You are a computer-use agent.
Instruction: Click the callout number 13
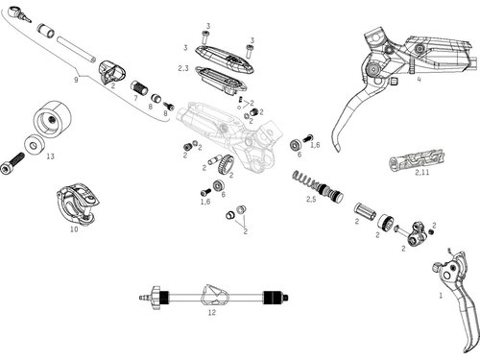point(51,156)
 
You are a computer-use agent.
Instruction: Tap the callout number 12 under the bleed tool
point(212,313)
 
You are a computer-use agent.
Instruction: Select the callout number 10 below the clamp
point(74,229)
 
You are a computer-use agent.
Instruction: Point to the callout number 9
point(76,80)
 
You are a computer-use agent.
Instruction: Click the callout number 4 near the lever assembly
point(420,80)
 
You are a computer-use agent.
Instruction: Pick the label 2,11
point(422,173)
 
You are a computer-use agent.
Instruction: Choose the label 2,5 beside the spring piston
point(311,199)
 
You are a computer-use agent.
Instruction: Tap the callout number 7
point(135,98)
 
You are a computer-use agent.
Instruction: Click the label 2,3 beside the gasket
point(183,68)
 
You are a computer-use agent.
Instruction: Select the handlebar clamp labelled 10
point(78,204)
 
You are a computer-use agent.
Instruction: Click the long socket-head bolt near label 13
point(12,163)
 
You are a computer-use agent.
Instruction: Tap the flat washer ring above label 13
point(33,145)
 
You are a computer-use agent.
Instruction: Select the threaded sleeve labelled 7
point(139,87)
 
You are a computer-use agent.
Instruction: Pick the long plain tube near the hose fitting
point(77,50)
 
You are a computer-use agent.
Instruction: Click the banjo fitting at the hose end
point(18,13)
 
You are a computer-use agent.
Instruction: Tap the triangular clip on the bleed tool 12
point(214,295)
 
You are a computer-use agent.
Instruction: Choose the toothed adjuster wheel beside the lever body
point(226,164)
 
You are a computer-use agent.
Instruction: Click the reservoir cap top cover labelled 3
point(224,60)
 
